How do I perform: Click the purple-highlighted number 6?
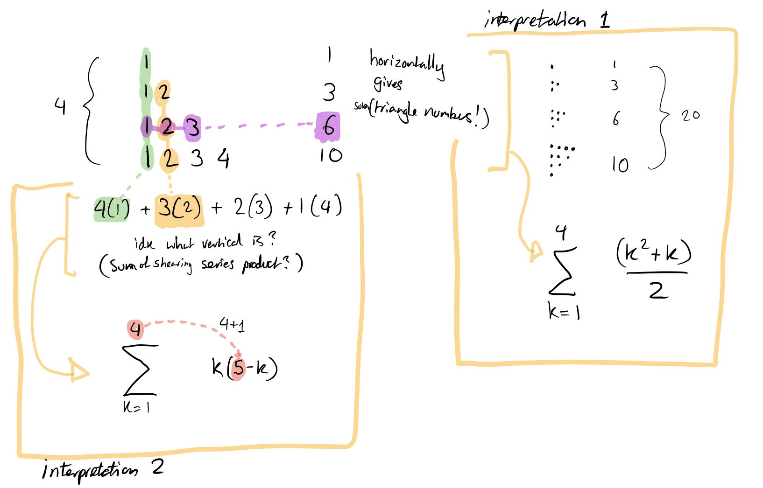[328, 126]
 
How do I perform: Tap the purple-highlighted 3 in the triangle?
[192, 127]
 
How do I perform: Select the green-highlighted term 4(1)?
[112, 209]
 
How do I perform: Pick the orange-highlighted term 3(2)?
[179, 208]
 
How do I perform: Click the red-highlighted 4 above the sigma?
[135, 329]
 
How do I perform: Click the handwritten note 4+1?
[232, 324]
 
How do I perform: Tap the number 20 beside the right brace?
[691, 115]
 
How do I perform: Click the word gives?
[388, 84]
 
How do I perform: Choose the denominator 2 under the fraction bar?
[658, 290]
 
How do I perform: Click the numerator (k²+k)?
[653, 253]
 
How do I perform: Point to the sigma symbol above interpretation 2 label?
[139, 369]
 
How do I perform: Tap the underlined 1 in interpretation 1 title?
[605, 20]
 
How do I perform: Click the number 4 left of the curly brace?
[60, 107]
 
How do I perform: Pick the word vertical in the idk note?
[222, 242]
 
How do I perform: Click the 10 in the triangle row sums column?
[331, 155]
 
